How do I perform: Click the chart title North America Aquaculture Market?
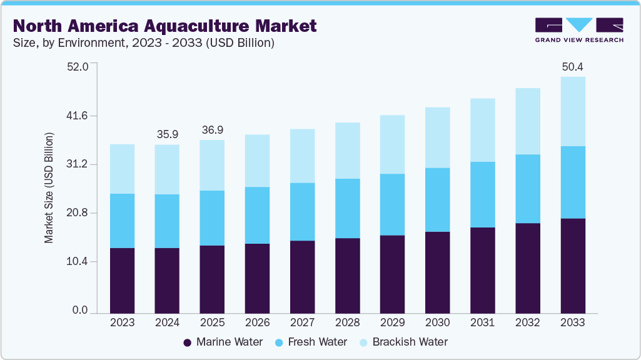165,26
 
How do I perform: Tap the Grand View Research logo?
578,29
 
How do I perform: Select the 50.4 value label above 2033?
573,67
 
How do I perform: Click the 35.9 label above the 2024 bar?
167,134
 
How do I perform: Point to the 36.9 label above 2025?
212,130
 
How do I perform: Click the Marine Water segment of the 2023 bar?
122,280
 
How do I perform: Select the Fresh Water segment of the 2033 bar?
573,182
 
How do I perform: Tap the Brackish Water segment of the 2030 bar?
437,137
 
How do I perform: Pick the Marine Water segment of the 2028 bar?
347,275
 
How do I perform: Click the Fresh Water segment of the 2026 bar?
257,215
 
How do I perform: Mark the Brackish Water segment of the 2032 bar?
528,121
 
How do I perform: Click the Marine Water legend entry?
223,342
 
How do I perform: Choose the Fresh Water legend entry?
311,342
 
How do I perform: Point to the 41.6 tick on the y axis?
79,116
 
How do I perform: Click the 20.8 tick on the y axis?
79,213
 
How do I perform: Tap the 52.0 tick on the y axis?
79,67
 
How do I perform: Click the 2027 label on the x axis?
302,323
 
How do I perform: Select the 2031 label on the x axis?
482,323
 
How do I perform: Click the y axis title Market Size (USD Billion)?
49,187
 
